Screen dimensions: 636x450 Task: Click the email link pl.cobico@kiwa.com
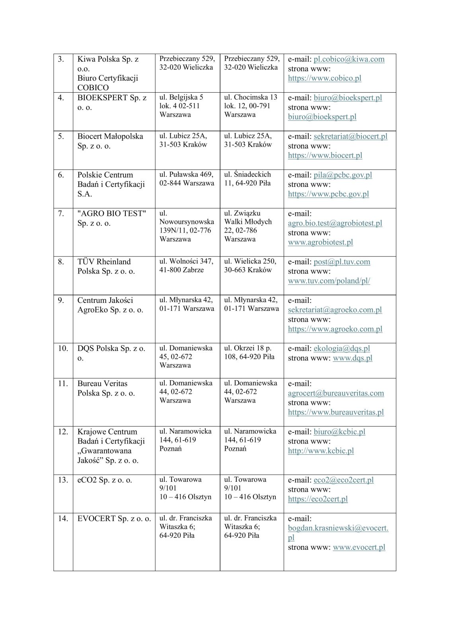click(x=349, y=59)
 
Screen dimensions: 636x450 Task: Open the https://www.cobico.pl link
click(x=325, y=78)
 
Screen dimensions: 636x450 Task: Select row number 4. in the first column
click(x=61, y=97)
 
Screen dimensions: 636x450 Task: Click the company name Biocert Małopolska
click(x=110, y=136)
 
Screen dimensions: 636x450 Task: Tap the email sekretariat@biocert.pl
click(x=350, y=136)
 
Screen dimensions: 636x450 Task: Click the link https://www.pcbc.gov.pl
click(x=328, y=194)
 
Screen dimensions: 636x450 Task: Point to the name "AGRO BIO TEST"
click(x=112, y=213)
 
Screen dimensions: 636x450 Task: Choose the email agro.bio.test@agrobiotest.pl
click(x=335, y=223)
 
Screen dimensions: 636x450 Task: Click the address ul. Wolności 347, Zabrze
click(x=186, y=266)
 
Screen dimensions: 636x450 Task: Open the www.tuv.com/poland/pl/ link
click(x=329, y=281)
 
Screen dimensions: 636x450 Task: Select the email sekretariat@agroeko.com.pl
click(x=335, y=310)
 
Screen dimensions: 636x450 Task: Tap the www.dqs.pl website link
click(x=353, y=358)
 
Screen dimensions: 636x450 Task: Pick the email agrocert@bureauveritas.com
click(x=336, y=393)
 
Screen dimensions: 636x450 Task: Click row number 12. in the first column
click(x=63, y=432)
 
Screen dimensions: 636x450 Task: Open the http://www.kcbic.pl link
click(x=321, y=451)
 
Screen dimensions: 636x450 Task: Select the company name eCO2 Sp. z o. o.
click(x=105, y=480)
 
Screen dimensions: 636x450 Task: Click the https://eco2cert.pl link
click(x=318, y=499)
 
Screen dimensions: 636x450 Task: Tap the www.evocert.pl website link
click(x=359, y=547)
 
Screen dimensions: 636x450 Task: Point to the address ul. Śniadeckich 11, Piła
click(x=247, y=179)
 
